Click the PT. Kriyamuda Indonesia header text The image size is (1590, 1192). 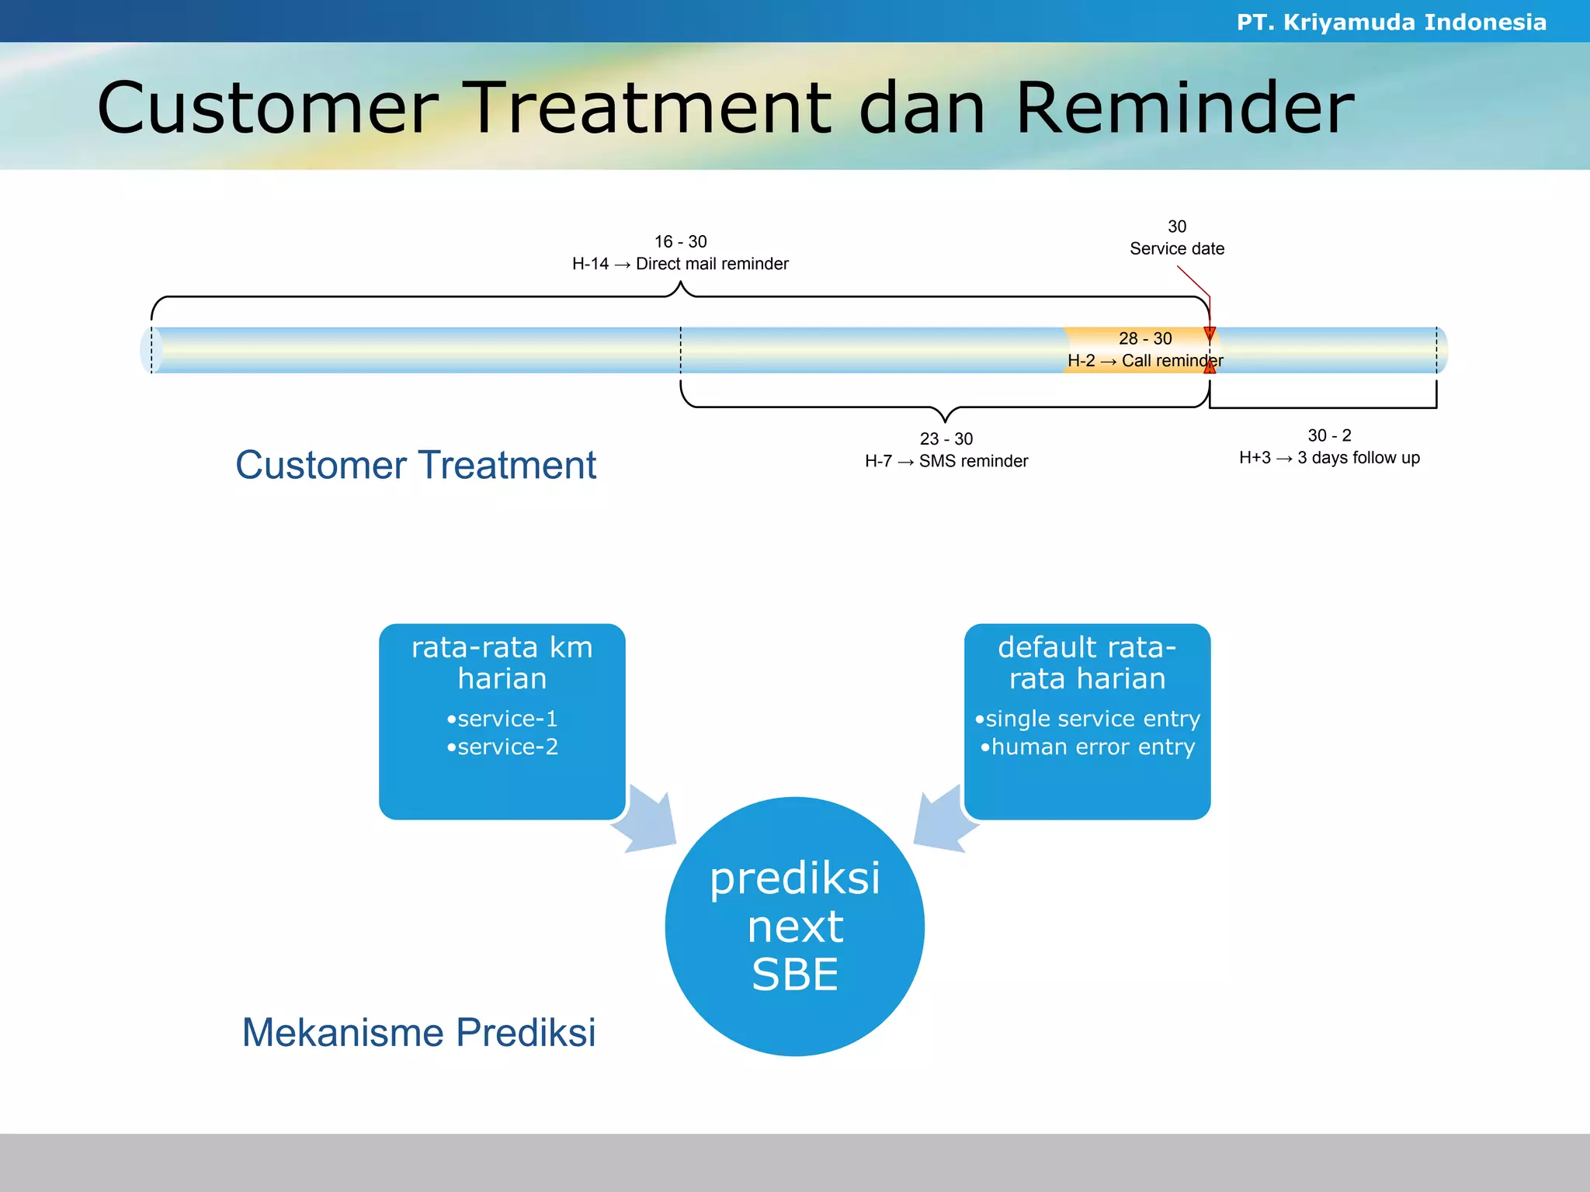coord(1390,22)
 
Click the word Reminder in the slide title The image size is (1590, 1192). coord(1184,109)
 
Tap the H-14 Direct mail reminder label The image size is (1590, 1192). coord(680,264)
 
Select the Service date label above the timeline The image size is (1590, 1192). coord(1176,248)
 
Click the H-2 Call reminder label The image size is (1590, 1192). coord(1144,361)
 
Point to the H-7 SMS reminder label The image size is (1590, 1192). coord(946,461)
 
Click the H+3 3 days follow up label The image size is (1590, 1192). coord(1328,458)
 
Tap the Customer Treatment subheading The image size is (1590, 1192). coord(415,466)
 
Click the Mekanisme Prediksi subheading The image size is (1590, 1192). coord(418,1033)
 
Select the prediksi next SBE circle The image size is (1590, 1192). coord(794,926)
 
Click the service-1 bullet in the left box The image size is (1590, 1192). coord(502,719)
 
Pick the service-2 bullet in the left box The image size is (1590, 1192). coord(502,747)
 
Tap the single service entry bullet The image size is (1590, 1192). coord(1087,719)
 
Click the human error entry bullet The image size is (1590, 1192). coord(1087,747)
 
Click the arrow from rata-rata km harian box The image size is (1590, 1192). coord(647,821)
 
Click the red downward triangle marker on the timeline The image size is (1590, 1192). coord(1209,334)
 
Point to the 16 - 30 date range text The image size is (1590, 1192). coord(680,241)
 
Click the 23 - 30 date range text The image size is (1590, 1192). coord(946,438)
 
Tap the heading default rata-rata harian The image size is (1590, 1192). coord(1087,662)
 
